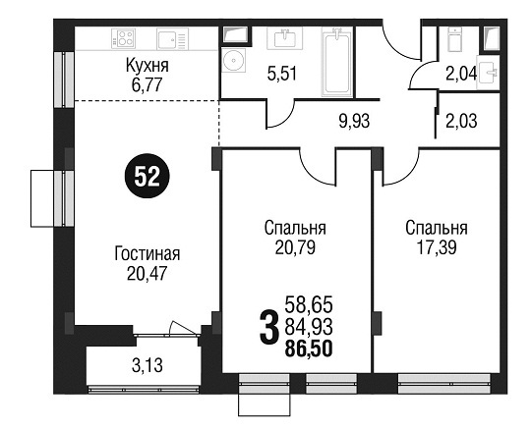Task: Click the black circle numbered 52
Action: click(147, 176)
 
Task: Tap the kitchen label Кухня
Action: click(147, 66)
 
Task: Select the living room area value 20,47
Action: click(147, 273)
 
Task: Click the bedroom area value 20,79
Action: click(295, 247)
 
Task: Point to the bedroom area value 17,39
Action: click(437, 247)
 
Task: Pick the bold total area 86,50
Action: click(309, 349)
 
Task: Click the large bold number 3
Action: click(268, 327)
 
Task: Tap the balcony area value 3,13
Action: click(147, 366)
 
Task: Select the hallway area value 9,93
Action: click(354, 121)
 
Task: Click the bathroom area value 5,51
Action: click(282, 74)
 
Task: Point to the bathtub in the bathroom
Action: click(337, 62)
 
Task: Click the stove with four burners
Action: click(124, 38)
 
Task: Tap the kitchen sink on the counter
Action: click(172, 39)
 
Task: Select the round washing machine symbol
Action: click(233, 60)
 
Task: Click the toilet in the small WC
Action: click(454, 39)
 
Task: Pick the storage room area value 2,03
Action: click(461, 121)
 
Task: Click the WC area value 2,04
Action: click(461, 74)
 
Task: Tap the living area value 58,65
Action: click(309, 304)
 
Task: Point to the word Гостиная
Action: click(147, 254)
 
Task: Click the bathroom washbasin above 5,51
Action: click(285, 37)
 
